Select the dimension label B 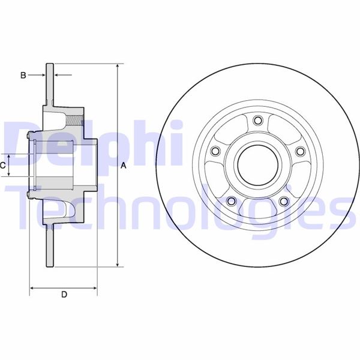23,75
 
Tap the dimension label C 3,164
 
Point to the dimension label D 64,295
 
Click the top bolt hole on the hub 258,122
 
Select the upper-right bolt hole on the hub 299,151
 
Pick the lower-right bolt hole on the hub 284,200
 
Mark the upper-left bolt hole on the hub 217,152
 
